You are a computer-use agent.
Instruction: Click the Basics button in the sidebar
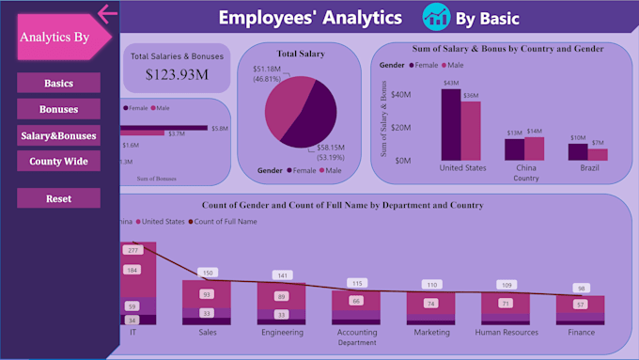tap(58, 84)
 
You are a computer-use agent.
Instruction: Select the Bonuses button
tap(58, 109)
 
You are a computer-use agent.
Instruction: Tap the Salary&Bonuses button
tap(58, 135)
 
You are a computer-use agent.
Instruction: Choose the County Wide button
tap(58, 162)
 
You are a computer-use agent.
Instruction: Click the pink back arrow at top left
tap(107, 12)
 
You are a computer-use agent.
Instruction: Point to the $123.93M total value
tap(178, 73)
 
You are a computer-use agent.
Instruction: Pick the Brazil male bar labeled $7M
tap(598, 154)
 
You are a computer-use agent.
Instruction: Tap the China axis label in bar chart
tap(526, 168)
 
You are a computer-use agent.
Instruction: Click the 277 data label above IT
tap(132, 250)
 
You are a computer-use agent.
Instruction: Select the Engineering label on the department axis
tap(282, 332)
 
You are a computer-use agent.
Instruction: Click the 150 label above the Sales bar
tap(208, 273)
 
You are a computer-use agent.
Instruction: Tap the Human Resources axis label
tap(507, 332)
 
